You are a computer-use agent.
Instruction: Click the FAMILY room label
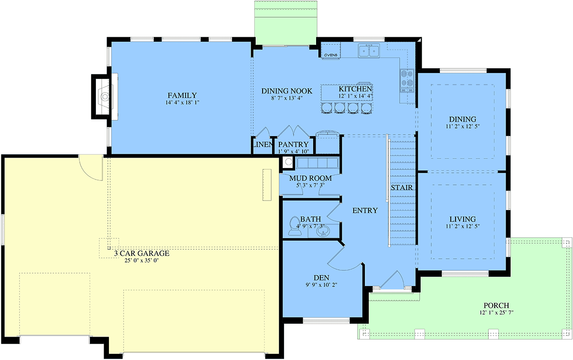click(182, 95)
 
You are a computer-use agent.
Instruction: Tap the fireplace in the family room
click(102, 97)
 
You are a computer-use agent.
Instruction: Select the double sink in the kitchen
click(369, 51)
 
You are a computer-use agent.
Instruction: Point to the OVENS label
click(331, 55)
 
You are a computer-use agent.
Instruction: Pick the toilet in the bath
click(295, 226)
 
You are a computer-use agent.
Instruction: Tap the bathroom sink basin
click(323, 231)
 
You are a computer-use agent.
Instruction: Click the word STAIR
click(402, 188)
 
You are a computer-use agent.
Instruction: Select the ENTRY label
click(365, 211)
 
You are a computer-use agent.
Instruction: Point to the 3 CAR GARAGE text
click(142, 254)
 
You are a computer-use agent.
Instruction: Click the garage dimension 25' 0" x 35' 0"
click(142, 261)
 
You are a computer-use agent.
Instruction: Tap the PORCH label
click(496, 306)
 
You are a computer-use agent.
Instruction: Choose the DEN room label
click(321, 277)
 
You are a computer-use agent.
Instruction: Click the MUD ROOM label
click(310, 178)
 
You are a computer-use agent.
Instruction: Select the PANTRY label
click(293, 145)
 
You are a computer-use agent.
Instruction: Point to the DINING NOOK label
click(287, 91)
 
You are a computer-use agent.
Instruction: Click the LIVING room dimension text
click(463, 226)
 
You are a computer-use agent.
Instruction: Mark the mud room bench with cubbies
click(317, 163)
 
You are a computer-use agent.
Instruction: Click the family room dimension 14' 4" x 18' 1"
click(182, 103)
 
